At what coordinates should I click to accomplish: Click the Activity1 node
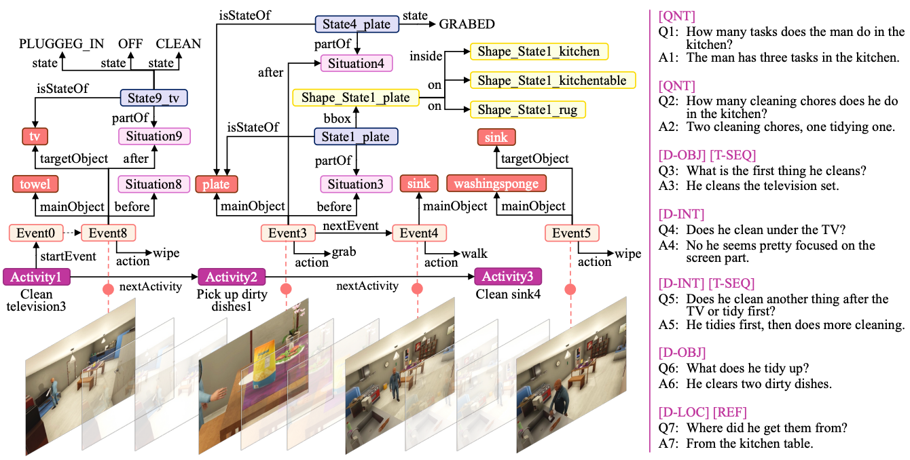pos(34,277)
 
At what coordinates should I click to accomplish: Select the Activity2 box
pos(231,277)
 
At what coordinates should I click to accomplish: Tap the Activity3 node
pos(507,277)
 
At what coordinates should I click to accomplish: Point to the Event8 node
pos(108,233)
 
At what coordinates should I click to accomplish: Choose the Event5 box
pos(572,233)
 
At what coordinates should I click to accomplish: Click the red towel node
pos(35,184)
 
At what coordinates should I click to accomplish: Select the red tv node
pos(34,135)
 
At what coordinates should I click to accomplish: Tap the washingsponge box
pos(496,184)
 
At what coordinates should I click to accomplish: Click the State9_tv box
pos(154,98)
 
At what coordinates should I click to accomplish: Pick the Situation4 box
pos(356,63)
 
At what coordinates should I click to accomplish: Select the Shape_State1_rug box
pos(528,109)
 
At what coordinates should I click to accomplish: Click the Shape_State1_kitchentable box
pos(552,80)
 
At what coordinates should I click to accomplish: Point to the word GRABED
pos(467,24)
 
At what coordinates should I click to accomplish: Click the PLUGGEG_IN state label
pos(61,43)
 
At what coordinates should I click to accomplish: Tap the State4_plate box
pos(357,24)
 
